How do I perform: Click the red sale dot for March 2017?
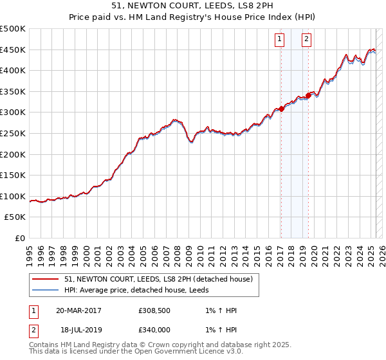coord(282,109)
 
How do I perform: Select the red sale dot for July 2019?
coord(309,96)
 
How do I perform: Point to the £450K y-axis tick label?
coord(13,50)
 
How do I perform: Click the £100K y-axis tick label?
coord(13,197)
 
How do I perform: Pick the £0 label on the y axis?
coord(21,239)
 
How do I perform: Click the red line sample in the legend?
coord(45,279)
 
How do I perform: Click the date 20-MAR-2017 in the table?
coord(78,310)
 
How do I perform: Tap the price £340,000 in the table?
coord(155,328)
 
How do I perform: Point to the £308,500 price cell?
coord(155,310)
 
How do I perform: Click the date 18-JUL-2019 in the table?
coord(78,328)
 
